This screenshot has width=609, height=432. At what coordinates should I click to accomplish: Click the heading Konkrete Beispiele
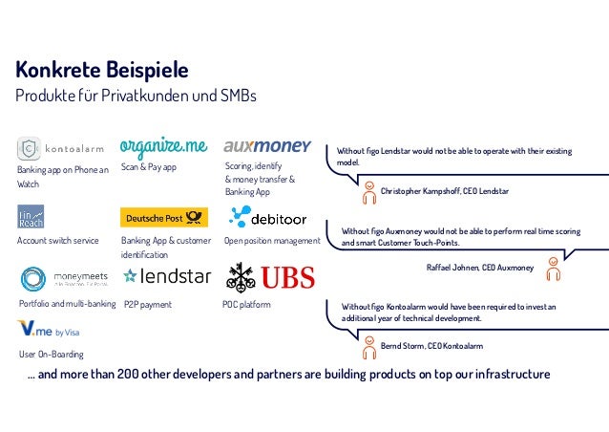102,71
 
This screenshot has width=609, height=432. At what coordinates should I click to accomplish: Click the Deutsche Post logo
164,217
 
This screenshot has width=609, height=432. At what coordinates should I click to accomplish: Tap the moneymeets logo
64,279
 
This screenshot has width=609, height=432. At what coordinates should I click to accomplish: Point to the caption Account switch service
58,241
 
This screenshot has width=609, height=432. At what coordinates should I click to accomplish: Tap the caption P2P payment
148,305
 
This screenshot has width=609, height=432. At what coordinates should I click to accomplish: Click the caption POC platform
247,305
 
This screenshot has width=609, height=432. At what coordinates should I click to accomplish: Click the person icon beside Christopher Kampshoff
368,192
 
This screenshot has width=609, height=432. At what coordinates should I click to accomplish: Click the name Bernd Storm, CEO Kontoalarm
431,344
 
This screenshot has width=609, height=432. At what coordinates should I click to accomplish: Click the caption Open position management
272,241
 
